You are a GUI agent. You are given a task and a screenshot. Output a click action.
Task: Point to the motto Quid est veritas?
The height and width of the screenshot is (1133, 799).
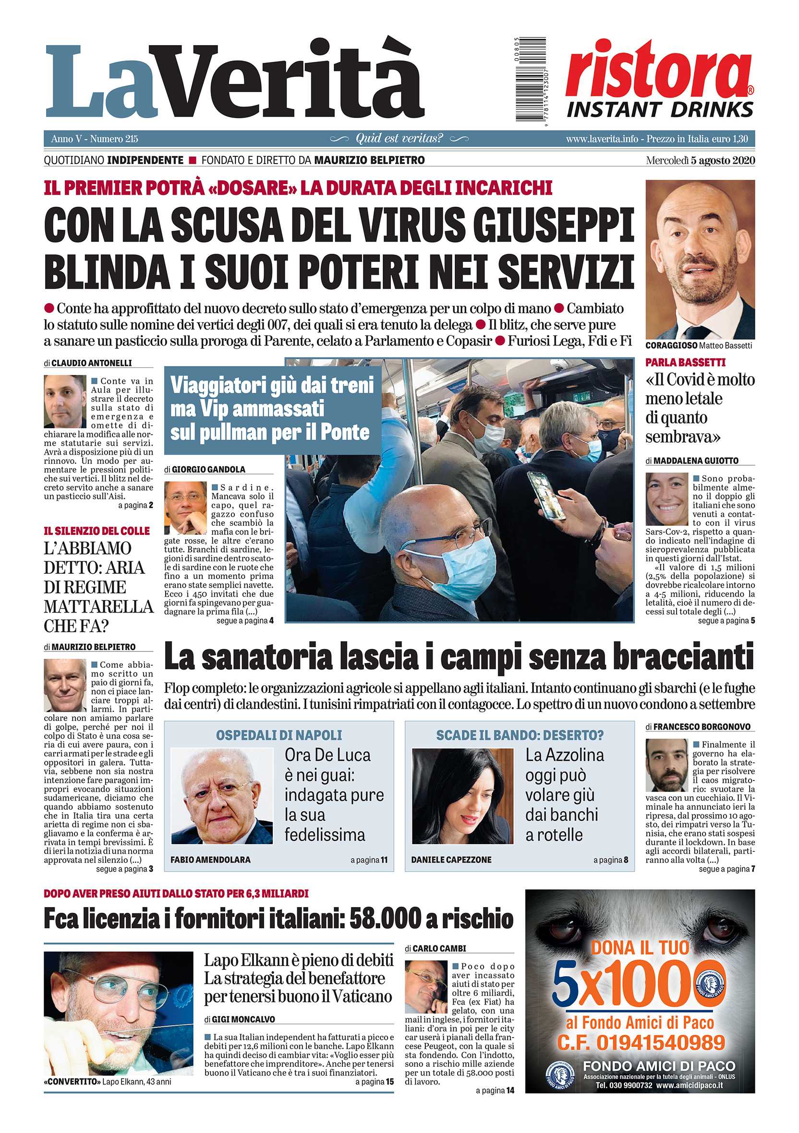pos(399,139)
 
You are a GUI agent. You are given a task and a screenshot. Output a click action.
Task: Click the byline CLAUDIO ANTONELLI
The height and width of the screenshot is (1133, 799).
pos(92,363)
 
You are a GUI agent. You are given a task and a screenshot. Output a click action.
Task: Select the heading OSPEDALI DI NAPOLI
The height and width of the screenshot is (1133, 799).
pos(279,735)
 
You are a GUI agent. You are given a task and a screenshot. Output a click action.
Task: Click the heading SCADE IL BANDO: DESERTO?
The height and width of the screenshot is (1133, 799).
pos(520,735)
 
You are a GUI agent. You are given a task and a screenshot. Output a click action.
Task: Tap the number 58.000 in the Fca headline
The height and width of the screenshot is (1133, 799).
pos(393,919)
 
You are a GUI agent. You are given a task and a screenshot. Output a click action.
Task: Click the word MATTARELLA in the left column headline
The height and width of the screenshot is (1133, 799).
pos(99,606)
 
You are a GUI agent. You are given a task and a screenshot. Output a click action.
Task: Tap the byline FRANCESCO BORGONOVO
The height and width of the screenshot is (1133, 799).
pos(702,727)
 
